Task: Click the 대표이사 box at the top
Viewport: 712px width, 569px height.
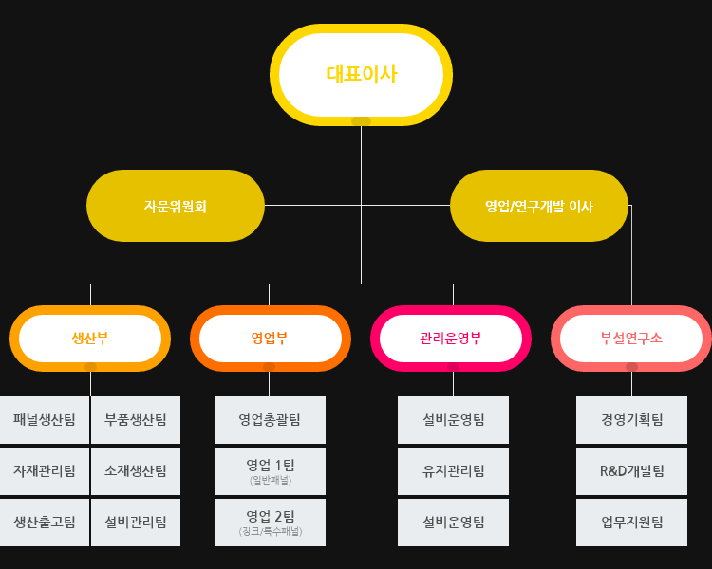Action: (361, 74)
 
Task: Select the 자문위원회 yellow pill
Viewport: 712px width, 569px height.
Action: (176, 206)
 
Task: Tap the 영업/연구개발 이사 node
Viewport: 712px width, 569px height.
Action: (538, 206)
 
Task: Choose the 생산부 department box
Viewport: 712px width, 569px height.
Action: (90, 339)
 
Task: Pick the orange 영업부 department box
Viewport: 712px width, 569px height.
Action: (270, 339)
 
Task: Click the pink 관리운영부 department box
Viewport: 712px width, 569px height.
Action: (451, 339)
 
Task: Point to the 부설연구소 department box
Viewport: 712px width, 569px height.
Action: (631, 339)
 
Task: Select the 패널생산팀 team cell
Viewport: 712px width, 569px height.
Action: (45, 420)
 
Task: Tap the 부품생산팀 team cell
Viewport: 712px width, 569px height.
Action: (136, 420)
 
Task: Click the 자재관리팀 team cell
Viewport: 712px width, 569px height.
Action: (45, 471)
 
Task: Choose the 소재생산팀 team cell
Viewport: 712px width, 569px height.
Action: (136, 471)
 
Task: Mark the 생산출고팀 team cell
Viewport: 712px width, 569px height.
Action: (45, 523)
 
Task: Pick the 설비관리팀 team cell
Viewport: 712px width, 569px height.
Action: (136, 523)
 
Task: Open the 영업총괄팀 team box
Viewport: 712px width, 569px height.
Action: (270, 420)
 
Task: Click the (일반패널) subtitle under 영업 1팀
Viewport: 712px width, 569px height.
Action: (271, 481)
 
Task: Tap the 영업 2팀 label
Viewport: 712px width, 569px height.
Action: (271, 516)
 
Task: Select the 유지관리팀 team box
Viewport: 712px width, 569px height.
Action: (453, 471)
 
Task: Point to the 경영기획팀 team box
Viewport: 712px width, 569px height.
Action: (631, 420)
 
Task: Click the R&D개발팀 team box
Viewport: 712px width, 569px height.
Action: (631, 471)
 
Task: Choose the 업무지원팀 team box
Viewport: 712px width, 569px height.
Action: (631, 523)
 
